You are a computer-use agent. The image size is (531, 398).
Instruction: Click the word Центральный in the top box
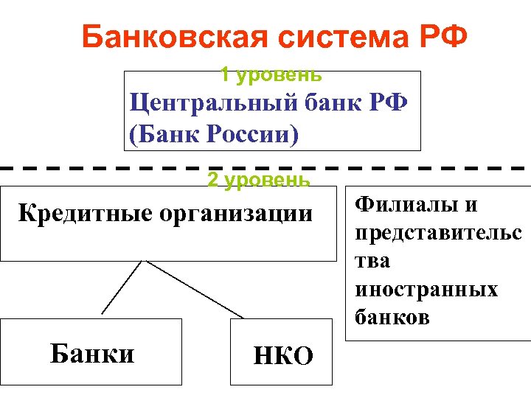pos(214,102)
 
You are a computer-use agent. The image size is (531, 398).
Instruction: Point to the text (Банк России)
pos(215,135)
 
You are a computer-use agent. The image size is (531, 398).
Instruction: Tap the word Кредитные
pos(77,214)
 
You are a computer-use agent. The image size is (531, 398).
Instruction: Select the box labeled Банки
pos(91,352)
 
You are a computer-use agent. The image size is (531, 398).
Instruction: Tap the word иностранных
pos(426,289)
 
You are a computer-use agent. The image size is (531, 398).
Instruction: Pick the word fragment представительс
pos(438,233)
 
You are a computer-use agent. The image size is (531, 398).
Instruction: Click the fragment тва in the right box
pos(373,261)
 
